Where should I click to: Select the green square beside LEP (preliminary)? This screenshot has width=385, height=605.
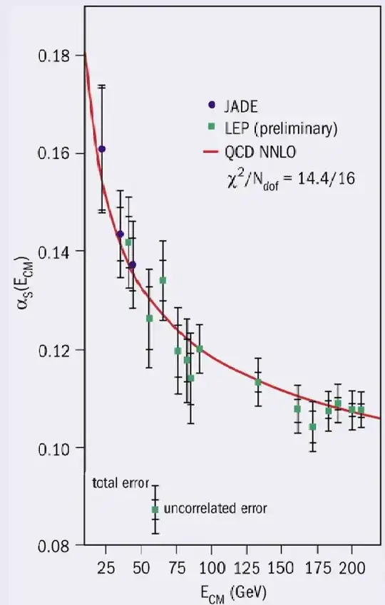(210, 129)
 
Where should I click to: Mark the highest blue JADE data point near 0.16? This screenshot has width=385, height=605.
(102, 149)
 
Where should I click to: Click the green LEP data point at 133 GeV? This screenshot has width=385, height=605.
(258, 382)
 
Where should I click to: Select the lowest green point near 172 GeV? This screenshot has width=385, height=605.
(312, 427)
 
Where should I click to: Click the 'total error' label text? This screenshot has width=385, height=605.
(120, 483)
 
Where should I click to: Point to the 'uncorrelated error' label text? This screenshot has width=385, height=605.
(215, 509)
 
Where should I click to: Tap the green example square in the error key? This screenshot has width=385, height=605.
(155, 510)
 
